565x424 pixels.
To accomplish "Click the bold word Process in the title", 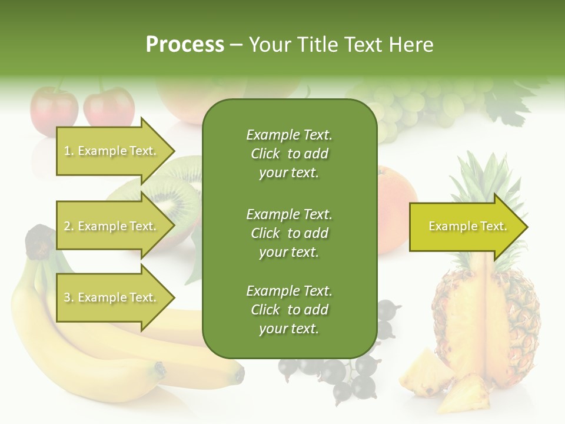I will [x=185, y=44].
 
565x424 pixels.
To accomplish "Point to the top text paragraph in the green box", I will [x=289, y=154].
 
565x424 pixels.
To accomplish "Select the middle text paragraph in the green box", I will [x=289, y=233].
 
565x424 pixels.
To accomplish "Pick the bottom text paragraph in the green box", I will [x=289, y=310].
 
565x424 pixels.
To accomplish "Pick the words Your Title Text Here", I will [x=341, y=44].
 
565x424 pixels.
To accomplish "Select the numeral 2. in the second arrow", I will [x=69, y=226].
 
